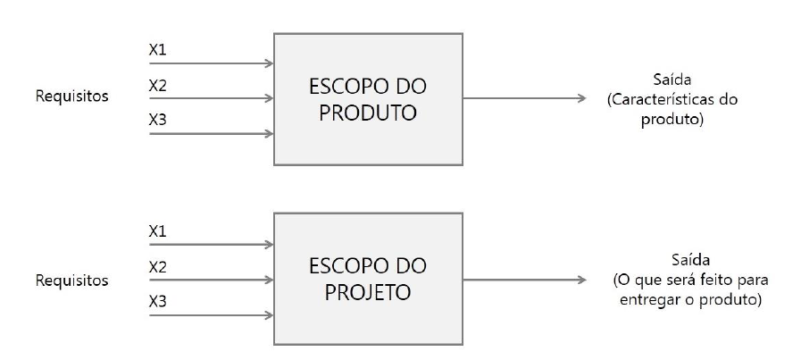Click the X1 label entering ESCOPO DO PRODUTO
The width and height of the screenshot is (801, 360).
pos(157,49)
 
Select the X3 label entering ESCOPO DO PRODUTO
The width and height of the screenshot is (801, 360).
pos(157,119)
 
